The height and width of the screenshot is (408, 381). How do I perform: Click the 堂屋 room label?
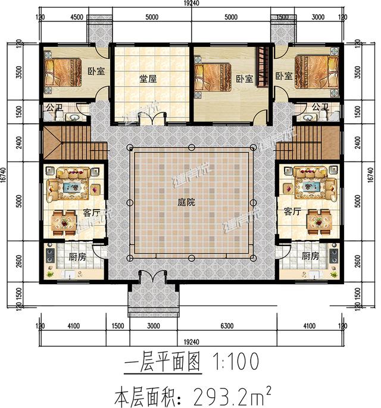tap(148, 78)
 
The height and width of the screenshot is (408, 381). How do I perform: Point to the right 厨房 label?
tap(310, 257)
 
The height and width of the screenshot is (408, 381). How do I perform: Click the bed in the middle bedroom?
tap(210, 77)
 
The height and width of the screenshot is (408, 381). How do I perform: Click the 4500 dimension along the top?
tap(76, 17)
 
